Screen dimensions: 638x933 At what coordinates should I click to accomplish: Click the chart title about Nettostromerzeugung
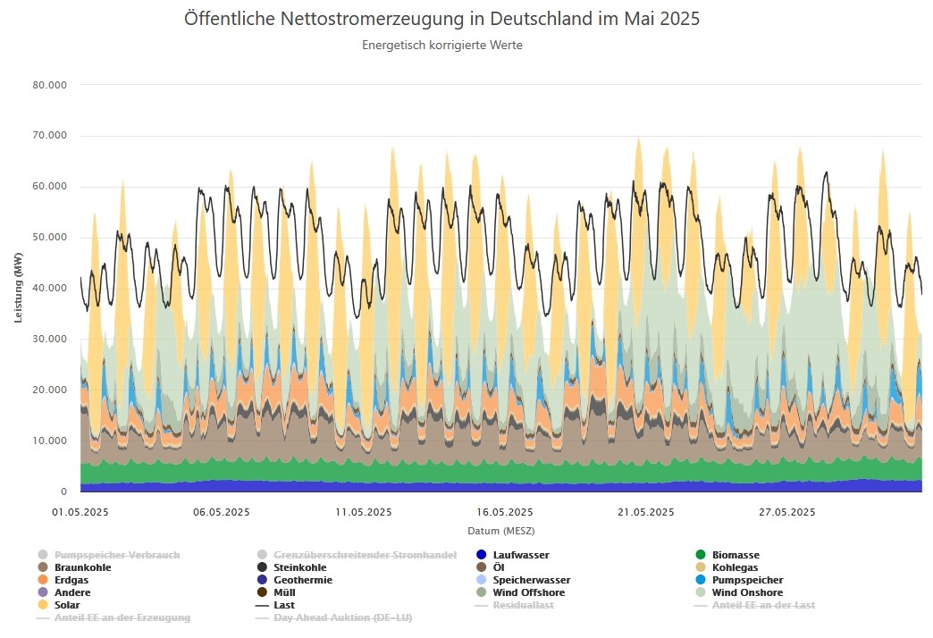point(441,19)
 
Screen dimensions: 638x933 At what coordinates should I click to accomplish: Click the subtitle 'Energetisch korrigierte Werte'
point(441,46)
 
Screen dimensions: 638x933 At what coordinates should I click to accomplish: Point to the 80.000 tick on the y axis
point(50,85)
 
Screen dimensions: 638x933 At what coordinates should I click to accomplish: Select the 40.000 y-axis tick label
point(50,289)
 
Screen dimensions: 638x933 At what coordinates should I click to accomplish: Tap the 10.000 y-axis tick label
point(50,441)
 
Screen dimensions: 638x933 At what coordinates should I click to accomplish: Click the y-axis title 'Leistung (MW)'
point(19,289)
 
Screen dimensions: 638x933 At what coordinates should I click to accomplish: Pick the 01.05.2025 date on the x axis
point(80,512)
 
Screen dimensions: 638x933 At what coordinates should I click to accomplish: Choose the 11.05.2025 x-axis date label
point(363,512)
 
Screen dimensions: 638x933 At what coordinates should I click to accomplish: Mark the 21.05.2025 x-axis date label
point(645,512)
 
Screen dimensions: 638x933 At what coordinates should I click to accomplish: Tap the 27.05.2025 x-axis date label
point(786,512)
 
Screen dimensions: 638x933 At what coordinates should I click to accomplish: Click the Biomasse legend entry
point(735,555)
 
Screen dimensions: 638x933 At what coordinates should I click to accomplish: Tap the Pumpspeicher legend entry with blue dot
point(747,580)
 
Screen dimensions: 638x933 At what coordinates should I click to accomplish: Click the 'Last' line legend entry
point(285,605)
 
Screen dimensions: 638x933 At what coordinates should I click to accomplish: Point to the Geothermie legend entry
point(302,580)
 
